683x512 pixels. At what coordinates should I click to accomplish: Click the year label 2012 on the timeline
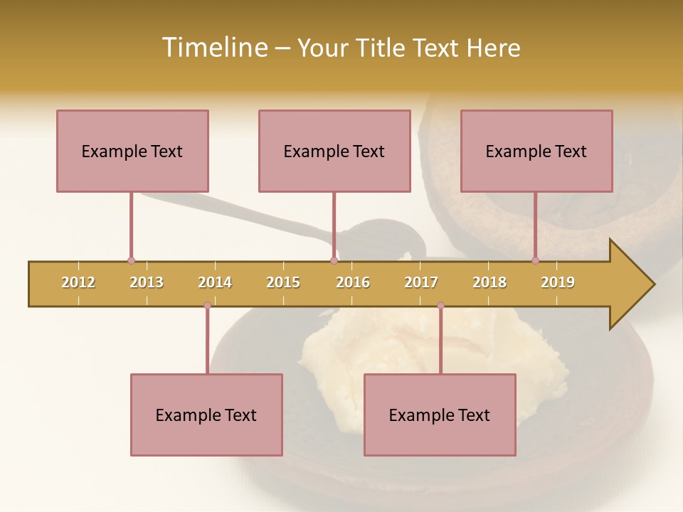tap(78, 282)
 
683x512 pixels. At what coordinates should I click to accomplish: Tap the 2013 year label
tap(147, 282)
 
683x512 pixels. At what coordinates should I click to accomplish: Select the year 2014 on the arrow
tap(215, 282)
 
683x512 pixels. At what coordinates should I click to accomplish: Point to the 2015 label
tap(283, 282)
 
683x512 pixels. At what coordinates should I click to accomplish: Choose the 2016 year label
tap(353, 282)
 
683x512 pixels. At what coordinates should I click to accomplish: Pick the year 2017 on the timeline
tap(421, 282)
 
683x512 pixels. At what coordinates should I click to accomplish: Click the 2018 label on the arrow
tap(489, 282)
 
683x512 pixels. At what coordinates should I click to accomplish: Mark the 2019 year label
tap(558, 282)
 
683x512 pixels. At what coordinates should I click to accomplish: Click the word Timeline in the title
tap(213, 48)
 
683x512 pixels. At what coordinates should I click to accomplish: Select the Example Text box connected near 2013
tap(132, 151)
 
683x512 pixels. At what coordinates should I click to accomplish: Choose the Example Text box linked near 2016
tap(334, 151)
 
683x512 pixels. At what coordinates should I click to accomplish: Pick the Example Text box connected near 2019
tap(536, 151)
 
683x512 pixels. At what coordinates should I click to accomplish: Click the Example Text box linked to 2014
tap(206, 415)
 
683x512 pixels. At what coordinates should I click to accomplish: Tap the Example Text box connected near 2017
tap(440, 415)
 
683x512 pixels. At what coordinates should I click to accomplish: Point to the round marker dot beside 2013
tap(131, 261)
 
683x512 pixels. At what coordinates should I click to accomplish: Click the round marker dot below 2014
tap(207, 306)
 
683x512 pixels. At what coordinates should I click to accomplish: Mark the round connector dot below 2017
tap(440, 306)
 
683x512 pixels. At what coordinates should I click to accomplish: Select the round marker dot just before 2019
tap(535, 261)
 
